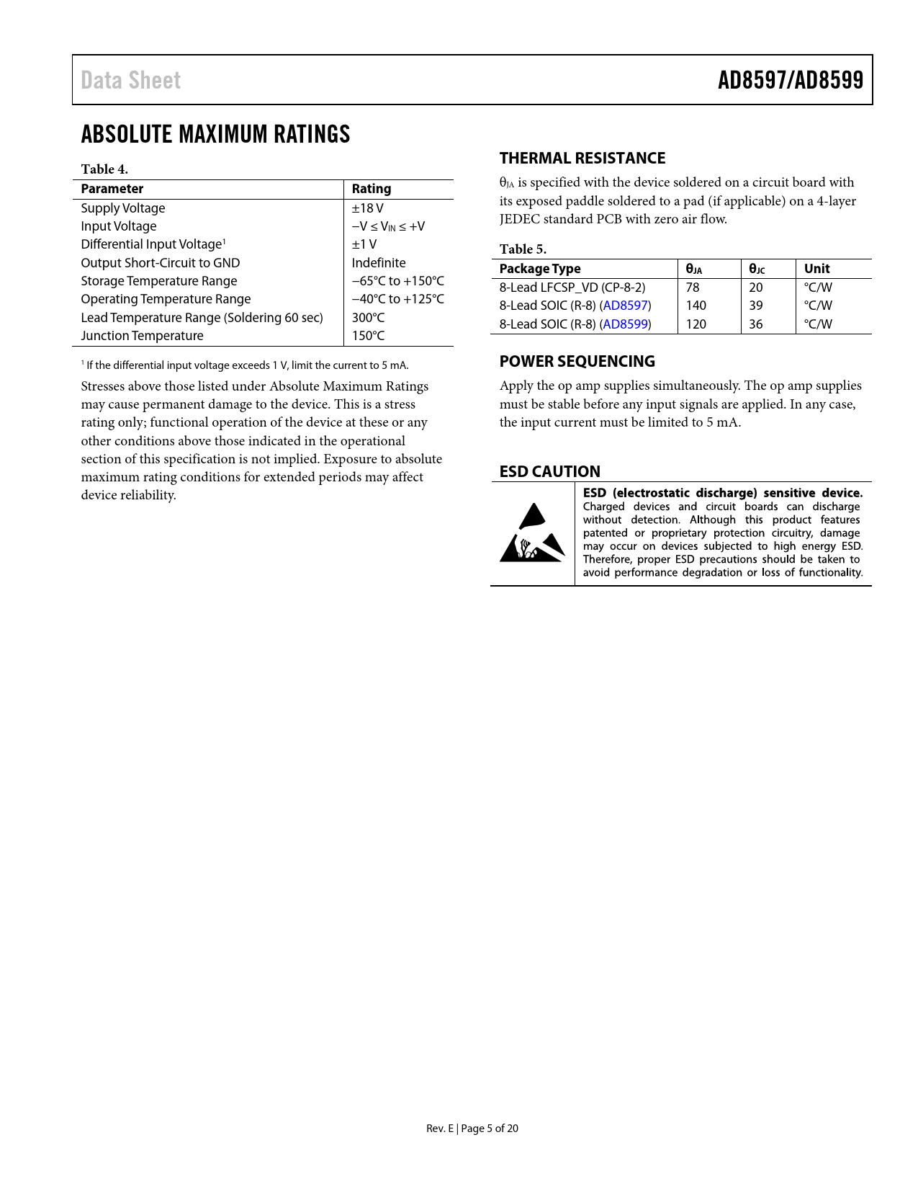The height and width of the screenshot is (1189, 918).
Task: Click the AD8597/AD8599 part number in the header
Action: tap(790, 80)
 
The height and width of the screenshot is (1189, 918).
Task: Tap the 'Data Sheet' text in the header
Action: tap(130, 80)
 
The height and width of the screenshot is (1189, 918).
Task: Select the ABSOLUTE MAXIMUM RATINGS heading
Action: tap(215, 134)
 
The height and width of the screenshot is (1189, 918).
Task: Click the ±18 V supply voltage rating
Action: tap(367, 208)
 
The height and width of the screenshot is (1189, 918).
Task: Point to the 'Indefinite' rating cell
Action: tap(379, 263)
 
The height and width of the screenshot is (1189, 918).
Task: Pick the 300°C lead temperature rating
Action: tap(368, 318)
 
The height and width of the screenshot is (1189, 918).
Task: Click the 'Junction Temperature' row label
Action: tap(142, 336)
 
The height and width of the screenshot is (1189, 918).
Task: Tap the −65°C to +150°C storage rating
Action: tap(397, 281)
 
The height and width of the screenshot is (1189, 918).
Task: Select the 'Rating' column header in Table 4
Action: tap(371, 189)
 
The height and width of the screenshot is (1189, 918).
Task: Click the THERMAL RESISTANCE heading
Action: tap(582, 159)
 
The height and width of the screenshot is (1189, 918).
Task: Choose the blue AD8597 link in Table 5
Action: tap(625, 306)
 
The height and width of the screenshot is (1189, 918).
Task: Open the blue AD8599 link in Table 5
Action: tap(625, 324)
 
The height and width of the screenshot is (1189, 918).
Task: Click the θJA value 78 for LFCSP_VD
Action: tap(693, 288)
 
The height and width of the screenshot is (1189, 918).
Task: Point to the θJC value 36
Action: tap(755, 324)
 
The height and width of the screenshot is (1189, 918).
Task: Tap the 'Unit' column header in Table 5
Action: tap(816, 269)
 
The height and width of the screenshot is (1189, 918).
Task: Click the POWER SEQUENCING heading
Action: tap(577, 362)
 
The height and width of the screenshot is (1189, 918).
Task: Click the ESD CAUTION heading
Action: tap(549, 471)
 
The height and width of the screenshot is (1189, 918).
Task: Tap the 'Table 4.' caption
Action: tap(104, 169)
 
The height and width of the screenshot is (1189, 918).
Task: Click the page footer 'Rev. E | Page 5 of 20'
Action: tap(472, 1128)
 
